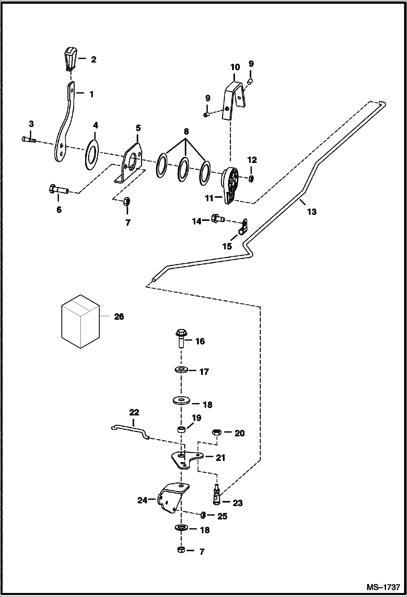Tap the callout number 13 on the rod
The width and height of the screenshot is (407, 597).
pos(312,211)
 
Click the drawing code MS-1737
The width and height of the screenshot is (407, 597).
pos(383,587)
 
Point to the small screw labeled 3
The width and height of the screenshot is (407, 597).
pos(29,140)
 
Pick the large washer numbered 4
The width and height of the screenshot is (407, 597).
pos(92,155)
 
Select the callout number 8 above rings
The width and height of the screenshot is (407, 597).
pos(186,132)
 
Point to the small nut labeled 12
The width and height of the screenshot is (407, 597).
pos(251,179)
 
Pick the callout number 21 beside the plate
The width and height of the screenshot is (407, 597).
pos(220,458)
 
